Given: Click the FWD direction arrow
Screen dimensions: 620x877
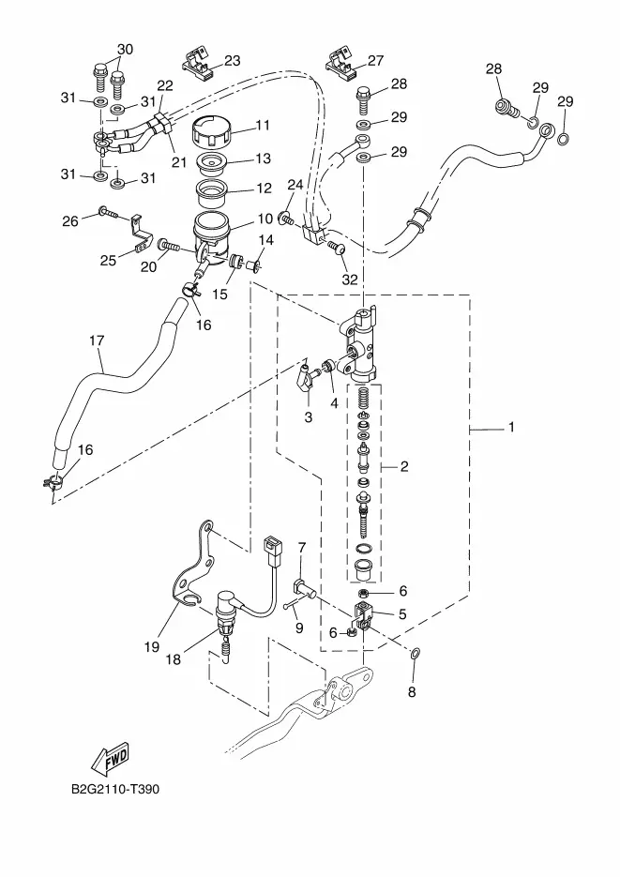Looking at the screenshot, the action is (x=110, y=759).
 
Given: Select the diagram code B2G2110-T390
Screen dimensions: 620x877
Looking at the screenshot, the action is (x=115, y=789).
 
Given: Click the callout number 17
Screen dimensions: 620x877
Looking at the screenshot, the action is (x=98, y=340).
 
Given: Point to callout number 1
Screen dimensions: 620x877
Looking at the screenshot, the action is (x=510, y=428).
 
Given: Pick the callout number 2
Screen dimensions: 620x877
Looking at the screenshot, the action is (x=404, y=466).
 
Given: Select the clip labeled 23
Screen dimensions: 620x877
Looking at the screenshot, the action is (x=198, y=62).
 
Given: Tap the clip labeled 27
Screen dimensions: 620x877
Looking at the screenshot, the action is (x=341, y=62).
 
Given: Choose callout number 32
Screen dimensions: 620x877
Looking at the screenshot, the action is (x=350, y=280).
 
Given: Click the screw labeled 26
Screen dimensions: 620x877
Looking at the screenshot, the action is (x=109, y=212).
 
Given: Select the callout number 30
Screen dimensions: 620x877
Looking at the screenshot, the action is (x=125, y=49).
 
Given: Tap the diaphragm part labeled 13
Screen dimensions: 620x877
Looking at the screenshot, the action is (x=211, y=162).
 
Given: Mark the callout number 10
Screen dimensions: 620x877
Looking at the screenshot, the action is (x=265, y=219).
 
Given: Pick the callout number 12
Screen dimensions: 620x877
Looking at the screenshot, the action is (x=264, y=189).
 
